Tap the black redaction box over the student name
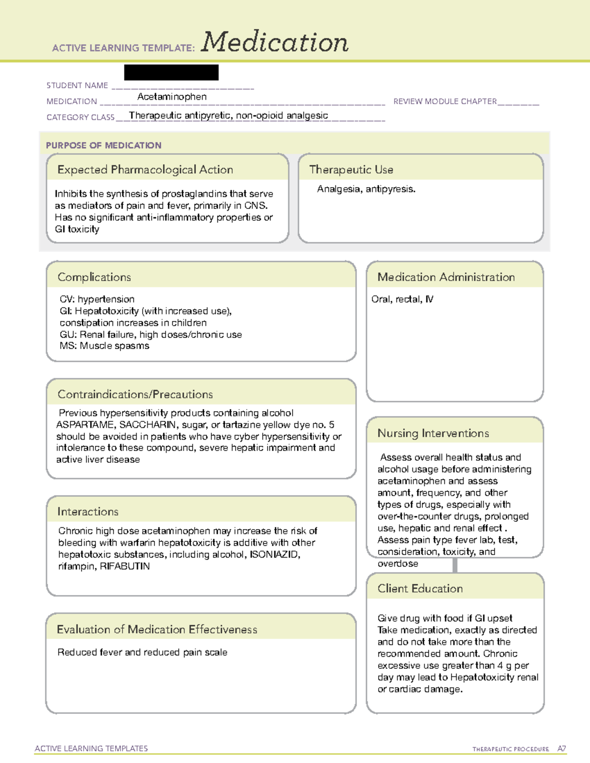point(171,72)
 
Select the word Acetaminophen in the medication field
point(172,97)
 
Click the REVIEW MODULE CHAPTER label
point(444,101)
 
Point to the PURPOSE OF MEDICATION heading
point(103,145)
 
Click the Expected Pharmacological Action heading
point(145,170)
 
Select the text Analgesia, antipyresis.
point(366,189)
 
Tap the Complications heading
point(94,277)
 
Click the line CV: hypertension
point(97,299)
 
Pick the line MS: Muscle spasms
point(104,346)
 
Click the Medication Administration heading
point(446,277)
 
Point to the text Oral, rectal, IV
point(402,299)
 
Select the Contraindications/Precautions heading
point(135,395)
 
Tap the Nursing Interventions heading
point(433,433)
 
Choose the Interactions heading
point(88,512)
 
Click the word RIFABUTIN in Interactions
point(124,566)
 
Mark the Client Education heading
point(420,589)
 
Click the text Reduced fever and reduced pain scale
point(142,652)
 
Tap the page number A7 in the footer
point(561,749)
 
